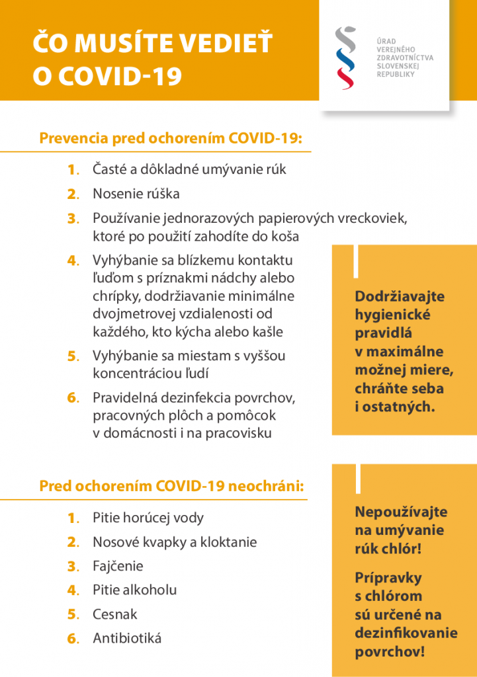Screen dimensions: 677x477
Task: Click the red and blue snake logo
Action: coord(345,58)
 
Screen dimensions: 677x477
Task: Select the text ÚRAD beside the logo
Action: coord(386,41)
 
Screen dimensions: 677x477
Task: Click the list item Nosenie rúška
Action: coord(136,194)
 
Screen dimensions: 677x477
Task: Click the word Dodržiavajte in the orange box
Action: coord(400,297)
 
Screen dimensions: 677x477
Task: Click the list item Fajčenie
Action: coord(118,566)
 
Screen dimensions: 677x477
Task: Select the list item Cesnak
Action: coord(115,614)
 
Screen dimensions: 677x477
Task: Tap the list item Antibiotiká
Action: coord(127,638)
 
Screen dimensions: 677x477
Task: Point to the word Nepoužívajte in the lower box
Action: coord(401,512)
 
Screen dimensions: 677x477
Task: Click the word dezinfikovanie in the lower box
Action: coord(406,633)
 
